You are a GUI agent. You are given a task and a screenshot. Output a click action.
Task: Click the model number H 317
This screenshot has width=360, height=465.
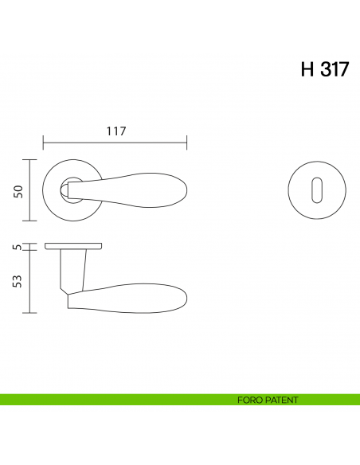(324, 69)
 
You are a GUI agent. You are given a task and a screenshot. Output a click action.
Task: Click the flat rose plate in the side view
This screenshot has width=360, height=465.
(73, 245)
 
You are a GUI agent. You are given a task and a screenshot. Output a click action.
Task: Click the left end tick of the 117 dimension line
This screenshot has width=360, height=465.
(42, 143)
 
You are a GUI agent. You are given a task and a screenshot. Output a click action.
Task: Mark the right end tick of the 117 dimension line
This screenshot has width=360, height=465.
(186, 143)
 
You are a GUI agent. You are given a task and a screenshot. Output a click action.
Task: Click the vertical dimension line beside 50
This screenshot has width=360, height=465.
(29, 190)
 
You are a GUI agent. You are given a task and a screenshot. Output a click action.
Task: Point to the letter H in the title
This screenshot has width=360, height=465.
(307, 69)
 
